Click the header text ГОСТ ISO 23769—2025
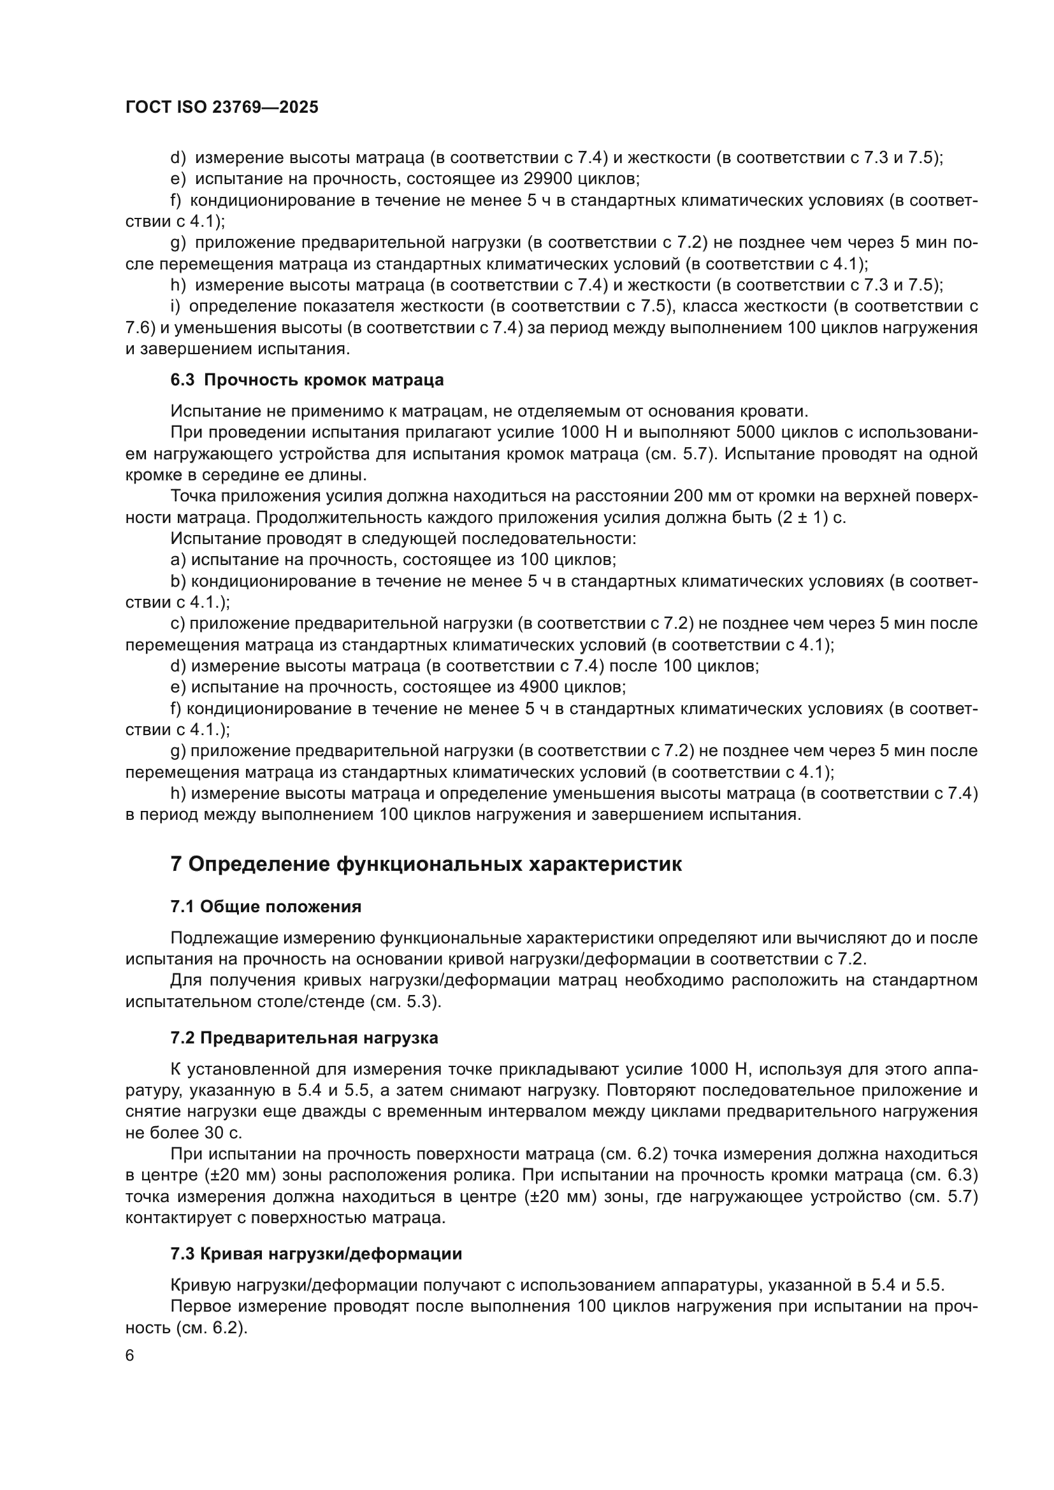coord(222,108)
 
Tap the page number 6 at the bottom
coord(130,1356)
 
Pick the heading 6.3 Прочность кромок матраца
coord(307,380)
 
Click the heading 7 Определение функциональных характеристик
coord(426,864)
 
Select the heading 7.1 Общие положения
coord(266,906)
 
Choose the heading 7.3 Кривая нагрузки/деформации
coord(316,1254)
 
